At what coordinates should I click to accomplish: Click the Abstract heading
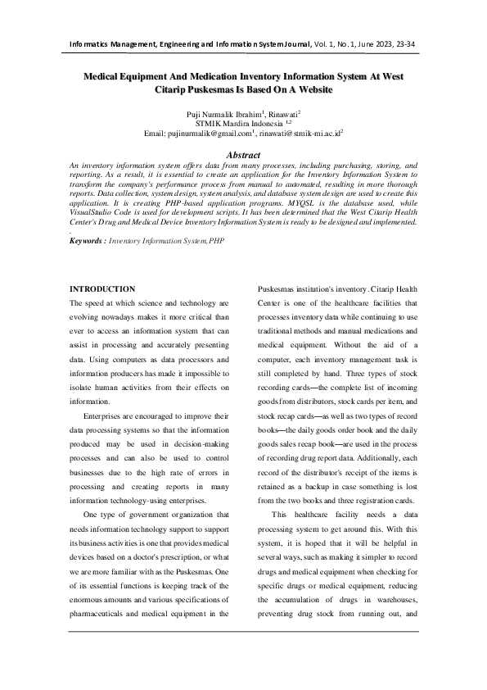coord(242,155)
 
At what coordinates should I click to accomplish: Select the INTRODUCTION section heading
coord(102,289)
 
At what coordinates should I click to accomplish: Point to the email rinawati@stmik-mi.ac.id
coord(300,132)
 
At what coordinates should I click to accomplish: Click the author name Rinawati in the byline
coord(280,113)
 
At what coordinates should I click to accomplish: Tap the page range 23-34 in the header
coord(425,42)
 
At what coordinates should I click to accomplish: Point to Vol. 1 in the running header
coord(316,42)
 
